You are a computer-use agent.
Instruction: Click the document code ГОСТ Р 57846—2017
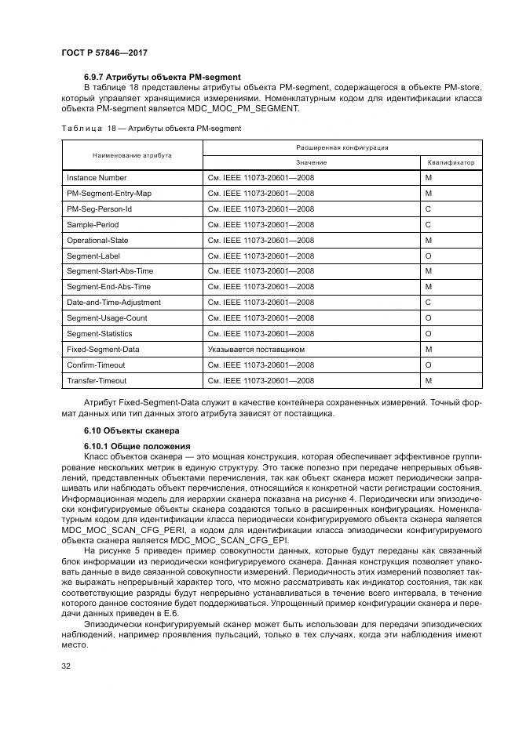[104, 53]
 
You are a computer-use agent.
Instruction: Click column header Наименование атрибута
[132, 155]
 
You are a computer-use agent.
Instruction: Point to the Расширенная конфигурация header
[342, 147]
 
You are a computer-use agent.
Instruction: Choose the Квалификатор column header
[451, 163]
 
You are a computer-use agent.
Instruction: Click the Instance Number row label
[97, 178]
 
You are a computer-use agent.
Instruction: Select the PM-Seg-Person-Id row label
[100, 209]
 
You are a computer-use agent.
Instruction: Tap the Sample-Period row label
[92, 225]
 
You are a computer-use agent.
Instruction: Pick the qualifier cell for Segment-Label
[429, 256]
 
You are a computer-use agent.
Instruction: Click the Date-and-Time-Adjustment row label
[114, 303]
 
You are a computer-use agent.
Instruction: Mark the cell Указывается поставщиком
[256, 349]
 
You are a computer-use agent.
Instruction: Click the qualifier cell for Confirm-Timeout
[429, 365]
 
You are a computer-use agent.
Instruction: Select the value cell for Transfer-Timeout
[261, 380]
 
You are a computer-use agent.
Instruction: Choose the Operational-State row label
[97, 241]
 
